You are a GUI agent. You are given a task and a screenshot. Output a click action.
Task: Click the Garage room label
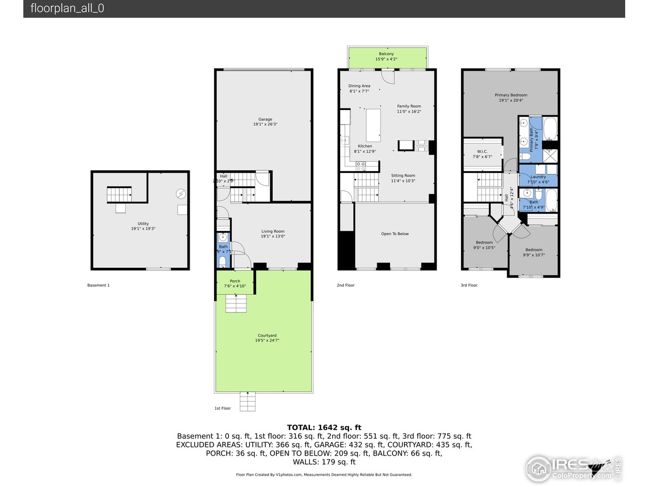[x=265, y=120]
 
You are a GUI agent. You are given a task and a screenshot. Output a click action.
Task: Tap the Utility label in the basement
[x=143, y=224]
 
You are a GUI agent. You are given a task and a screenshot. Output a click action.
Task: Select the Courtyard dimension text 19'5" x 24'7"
[x=267, y=341]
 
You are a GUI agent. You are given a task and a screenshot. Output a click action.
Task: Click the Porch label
[x=235, y=281]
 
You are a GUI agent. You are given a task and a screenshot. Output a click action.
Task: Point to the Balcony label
[x=386, y=54]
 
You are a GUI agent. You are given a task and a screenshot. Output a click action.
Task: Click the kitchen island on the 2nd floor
[x=373, y=125]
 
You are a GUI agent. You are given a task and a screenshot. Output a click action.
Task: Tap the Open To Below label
[x=395, y=234]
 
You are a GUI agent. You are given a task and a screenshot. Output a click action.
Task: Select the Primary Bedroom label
[x=511, y=95]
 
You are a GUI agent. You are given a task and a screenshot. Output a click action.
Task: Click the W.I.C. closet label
[x=482, y=152]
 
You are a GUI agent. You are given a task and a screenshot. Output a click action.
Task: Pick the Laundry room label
[x=538, y=177]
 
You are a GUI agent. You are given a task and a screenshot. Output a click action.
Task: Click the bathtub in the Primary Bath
[x=550, y=129]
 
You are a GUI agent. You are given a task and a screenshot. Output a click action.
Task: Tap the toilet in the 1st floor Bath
[x=223, y=261]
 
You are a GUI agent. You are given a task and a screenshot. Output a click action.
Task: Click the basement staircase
[x=119, y=194]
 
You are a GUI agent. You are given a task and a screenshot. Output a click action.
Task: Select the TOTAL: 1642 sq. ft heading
[x=324, y=428]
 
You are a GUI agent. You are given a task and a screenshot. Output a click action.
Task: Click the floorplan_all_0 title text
[x=67, y=9]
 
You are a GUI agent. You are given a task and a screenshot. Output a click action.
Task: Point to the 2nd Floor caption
[x=346, y=286]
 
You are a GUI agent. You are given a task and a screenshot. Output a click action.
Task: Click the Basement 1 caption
[x=98, y=286]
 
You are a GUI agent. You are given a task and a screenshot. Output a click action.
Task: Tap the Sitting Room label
[x=403, y=176]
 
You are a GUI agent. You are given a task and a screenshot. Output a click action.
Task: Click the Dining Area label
[x=359, y=86]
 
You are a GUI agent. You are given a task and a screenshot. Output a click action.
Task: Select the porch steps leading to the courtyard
[x=236, y=303]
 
